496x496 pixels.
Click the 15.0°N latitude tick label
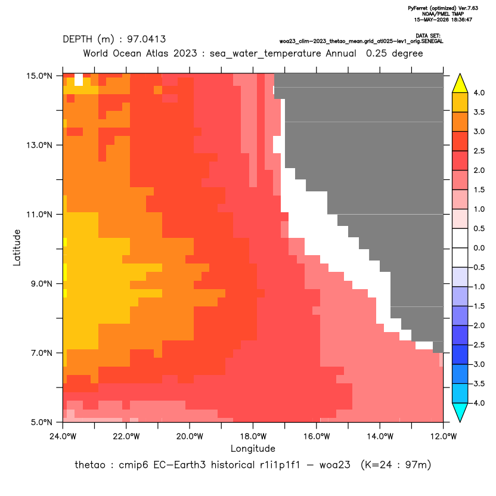[x=39, y=76]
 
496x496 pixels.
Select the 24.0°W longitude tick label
[x=63, y=437]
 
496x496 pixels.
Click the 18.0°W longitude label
[x=253, y=437]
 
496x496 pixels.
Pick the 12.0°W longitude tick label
[x=443, y=437]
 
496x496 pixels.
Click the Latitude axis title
[x=17, y=247]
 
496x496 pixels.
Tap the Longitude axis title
[x=253, y=448]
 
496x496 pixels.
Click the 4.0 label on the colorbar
[x=479, y=92]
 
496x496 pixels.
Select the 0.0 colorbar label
[x=479, y=248]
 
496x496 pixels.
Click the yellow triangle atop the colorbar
[x=460, y=84]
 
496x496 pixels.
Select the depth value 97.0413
[x=147, y=39]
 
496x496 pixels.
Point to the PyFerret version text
[x=443, y=8]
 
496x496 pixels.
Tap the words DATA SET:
[x=428, y=36]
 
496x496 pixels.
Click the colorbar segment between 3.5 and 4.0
[x=460, y=103]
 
